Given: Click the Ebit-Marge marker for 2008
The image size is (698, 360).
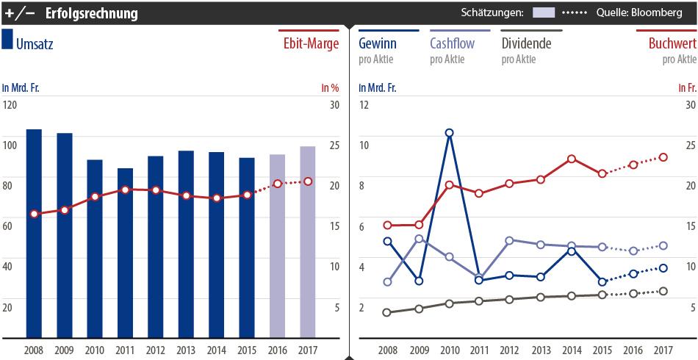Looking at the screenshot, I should [x=34, y=214].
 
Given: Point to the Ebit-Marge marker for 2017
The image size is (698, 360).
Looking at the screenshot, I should [x=308, y=181].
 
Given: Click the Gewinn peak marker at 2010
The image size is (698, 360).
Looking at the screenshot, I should [x=449, y=133].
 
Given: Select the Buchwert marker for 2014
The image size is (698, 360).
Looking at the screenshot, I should [x=571, y=159].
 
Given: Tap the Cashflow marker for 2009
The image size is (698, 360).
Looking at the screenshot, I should [x=419, y=239].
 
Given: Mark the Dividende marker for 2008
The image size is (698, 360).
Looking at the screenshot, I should [x=387, y=312].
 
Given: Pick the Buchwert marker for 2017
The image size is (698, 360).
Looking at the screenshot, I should [x=663, y=157].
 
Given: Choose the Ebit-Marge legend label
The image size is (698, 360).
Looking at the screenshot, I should [x=311, y=44].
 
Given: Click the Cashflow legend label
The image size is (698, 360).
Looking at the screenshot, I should [x=451, y=43].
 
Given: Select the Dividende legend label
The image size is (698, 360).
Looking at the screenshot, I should [x=526, y=43].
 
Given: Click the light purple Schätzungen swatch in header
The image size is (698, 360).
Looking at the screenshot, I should [x=544, y=13].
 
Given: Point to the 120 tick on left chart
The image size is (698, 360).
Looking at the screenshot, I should [x=10, y=105].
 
